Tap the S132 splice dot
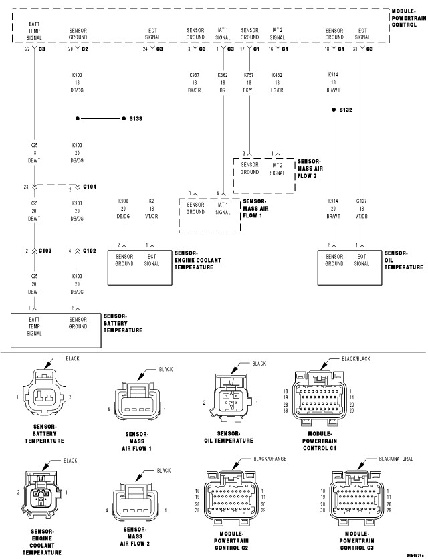pos(334,109)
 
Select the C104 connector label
pos(89,187)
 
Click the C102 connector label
pos(90,251)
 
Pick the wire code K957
pos(195,75)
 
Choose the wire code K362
pos(223,75)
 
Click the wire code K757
pos(249,75)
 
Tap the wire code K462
pos(277,75)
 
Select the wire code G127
pos(362,200)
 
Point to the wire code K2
pos(152,200)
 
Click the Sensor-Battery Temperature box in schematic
pos(55,330)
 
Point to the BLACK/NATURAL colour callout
pos(394,459)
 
